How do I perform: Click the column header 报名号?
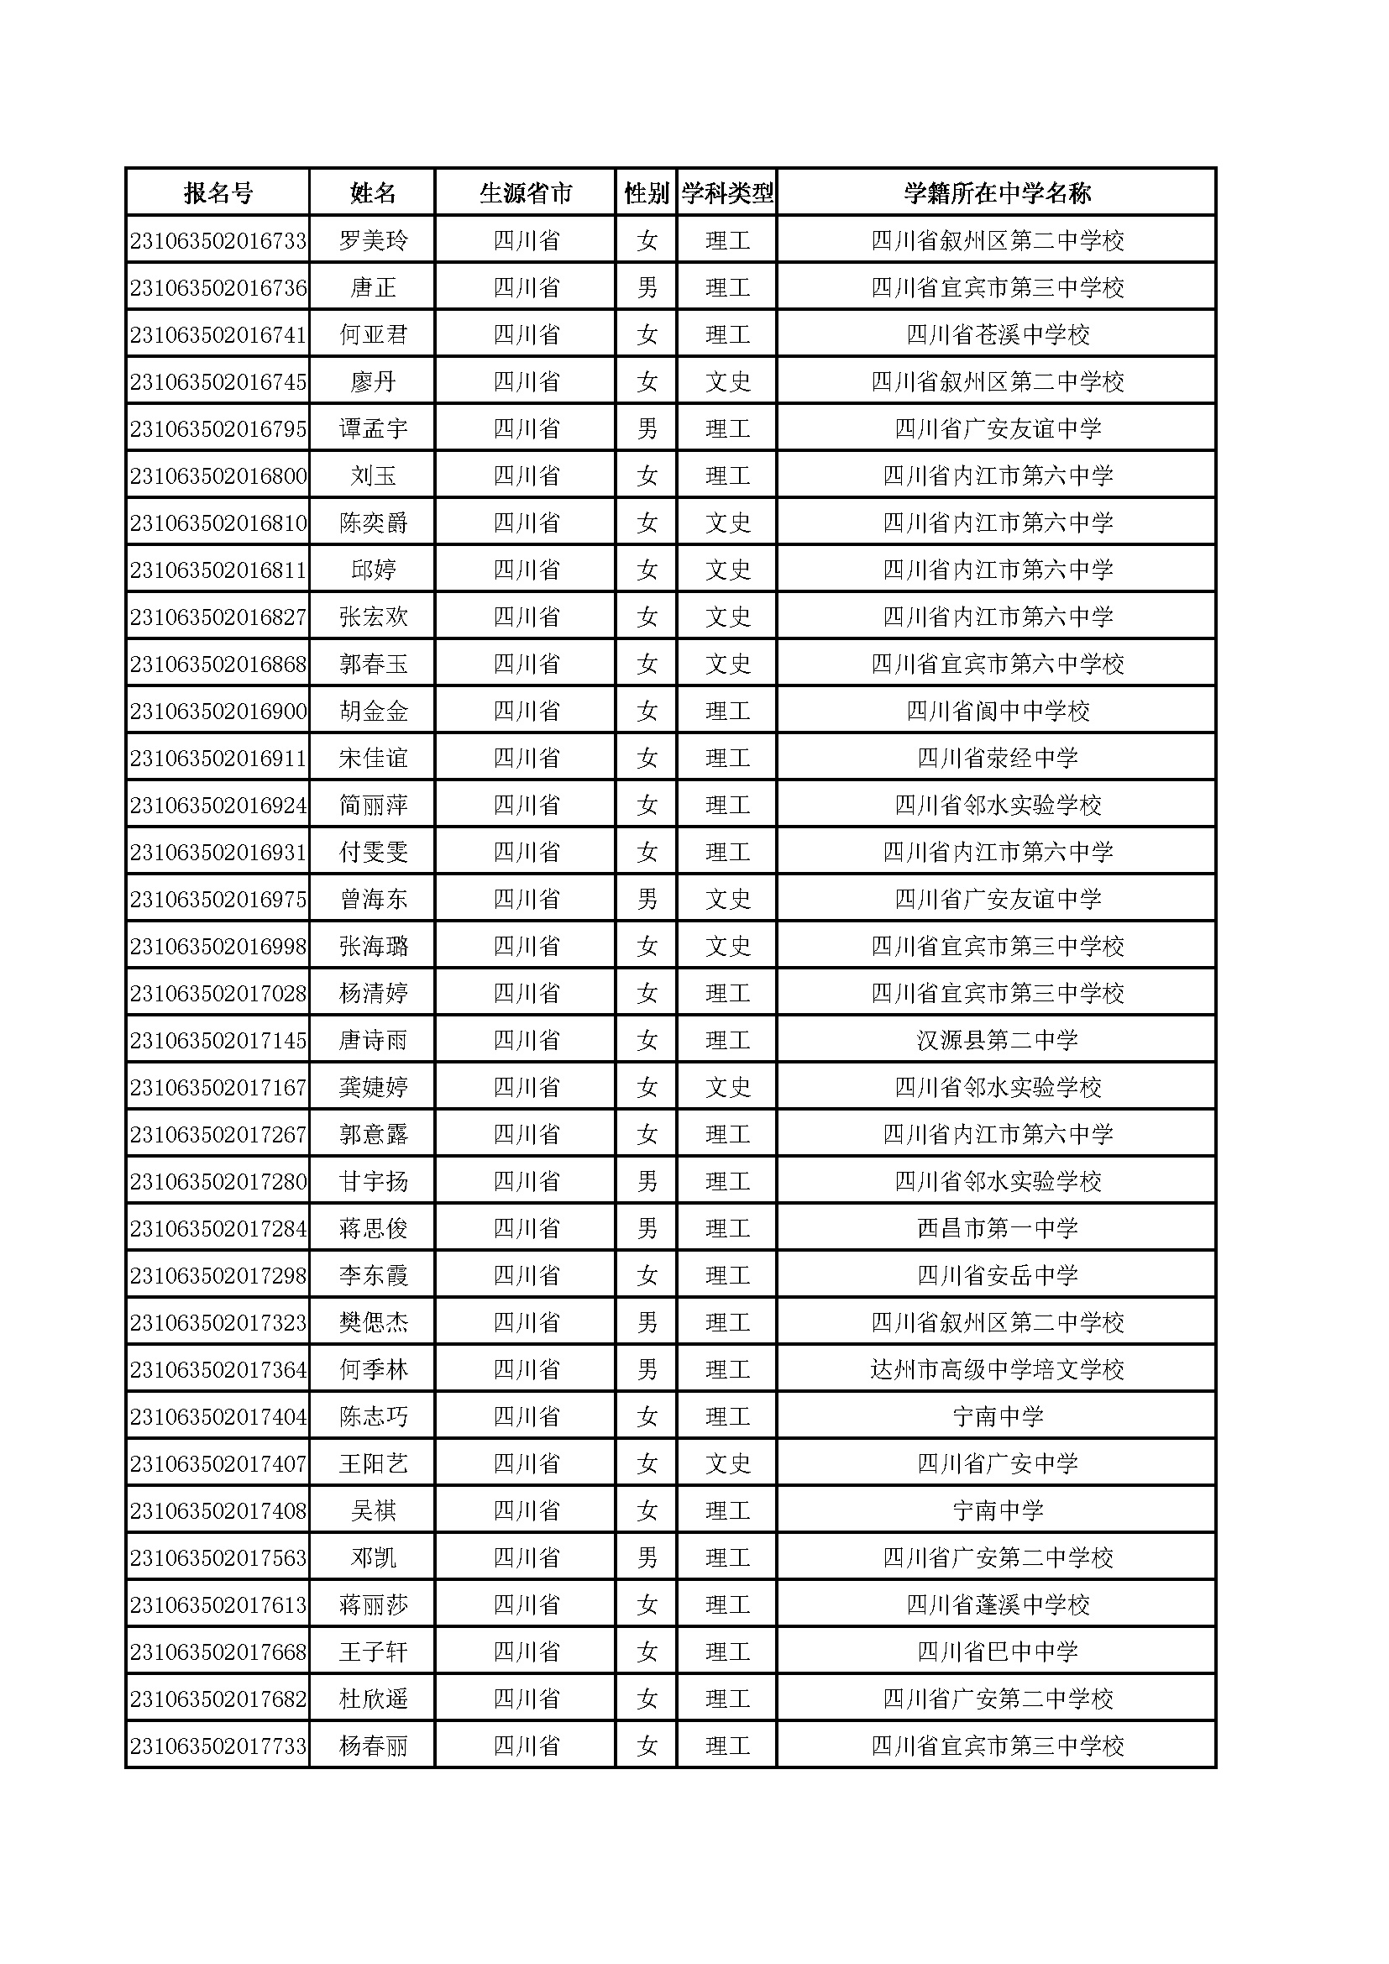pyautogui.click(x=218, y=193)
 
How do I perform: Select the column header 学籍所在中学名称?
pyautogui.click(x=998, y=193)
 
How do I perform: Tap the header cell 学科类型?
pyautogui.click(x=727, y=193)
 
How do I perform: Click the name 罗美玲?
pyautogui.click(x=373, y=240)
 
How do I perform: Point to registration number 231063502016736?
pyautogui.click(x=218, y=287)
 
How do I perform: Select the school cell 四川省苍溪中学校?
pyautogui.click(x=998, y=334)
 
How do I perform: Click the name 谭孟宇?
pyautogui.click(x=373, y=428)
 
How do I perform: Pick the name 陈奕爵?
pyautogui.click(x=373, y=523)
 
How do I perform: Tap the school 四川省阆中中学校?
pyautogui.click(x=998, y=711)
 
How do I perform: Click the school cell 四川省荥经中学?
pyautogui.click(x=998, y=758)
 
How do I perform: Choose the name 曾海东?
pyautogui.click(x=373, y=899)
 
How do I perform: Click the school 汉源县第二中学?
pyautogui.click(x=998, y=1040)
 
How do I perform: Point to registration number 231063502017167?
pyautogui.click(x=218, y=1087)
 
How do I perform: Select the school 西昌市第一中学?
pyautogui.click(x=998, y=1228)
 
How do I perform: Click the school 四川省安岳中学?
pyautogui.click(x=998, y=1275)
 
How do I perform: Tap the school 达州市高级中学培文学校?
pyautogui.click(x=998, y=1369)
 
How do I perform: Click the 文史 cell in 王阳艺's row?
pyautogui.click(x=727, y=1463)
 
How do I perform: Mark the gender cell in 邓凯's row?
pyautogui.click(x=647, y=1557)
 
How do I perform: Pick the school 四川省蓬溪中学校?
pyautogui.click(x=998, y=1604)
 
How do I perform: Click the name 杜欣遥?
pyautogui.click(x=373, y=1699)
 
